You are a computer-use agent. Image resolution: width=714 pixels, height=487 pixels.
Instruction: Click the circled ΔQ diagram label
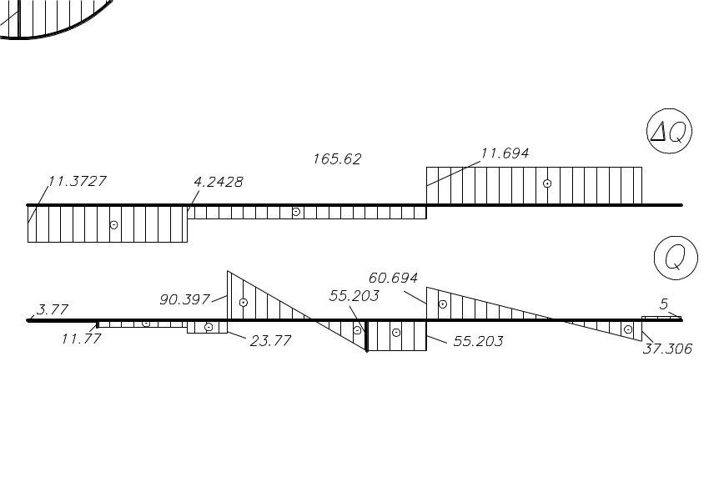[669, 131]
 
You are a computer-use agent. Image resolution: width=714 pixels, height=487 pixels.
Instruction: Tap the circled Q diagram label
[676, 258]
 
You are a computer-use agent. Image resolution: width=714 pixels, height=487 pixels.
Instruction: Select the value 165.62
[337, 158]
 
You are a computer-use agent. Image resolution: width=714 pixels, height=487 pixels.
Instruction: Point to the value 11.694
[505, 153]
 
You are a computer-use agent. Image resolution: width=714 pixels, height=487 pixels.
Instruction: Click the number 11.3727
[77, 181]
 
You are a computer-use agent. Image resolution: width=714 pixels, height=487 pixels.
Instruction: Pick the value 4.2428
[219, 182]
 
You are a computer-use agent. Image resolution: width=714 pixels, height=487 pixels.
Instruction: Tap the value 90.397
[184, 299]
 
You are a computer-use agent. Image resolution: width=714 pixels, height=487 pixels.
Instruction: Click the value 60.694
[393, 278]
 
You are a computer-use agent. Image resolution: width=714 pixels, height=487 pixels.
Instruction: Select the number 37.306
[667, 349]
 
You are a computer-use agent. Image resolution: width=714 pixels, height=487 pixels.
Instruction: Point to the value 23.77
[270, 340]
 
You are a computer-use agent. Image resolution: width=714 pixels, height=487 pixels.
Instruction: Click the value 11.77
[82, 339]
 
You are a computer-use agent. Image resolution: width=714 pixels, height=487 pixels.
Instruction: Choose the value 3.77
[53, 309]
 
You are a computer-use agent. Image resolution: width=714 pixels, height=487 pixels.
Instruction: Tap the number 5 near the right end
[664, 304]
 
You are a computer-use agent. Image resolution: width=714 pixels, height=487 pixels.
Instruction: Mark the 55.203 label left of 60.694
[354, 296]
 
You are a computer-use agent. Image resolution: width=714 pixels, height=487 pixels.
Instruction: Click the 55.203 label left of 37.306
[478, 341]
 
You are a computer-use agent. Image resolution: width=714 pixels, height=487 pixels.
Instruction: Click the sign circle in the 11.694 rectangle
[547, 183]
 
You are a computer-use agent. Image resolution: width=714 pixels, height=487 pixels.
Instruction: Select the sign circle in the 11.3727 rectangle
[113, 225]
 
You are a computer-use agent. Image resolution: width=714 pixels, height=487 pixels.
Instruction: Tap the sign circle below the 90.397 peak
[244, 302]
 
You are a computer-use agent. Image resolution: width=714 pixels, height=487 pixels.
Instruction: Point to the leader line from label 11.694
[454, 173]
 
